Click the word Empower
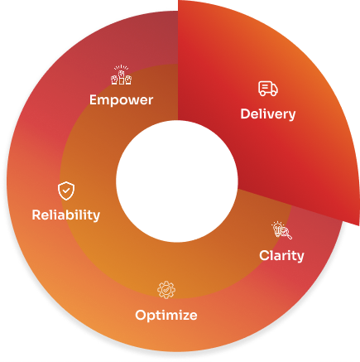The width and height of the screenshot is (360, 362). click(121, 100)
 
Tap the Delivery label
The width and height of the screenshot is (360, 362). click(268, 114)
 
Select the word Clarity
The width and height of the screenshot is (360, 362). click(281, 256)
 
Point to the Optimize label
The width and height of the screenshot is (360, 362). click(166, 316)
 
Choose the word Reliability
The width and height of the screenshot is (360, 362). click(66, 215)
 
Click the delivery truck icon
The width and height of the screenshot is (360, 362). click(268, 89)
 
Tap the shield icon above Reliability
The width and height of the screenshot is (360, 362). click(66, 191)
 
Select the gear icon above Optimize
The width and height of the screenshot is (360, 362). click(166, 290)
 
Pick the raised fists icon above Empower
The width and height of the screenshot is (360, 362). click(121, 75)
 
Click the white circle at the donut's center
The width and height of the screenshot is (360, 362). click(177, 181)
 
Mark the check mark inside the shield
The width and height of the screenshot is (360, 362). click(66, 191)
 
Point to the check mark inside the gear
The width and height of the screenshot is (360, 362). click(166, 290)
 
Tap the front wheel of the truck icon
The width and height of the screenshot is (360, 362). click(273, 94)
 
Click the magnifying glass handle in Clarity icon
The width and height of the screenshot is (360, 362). click(289, 236)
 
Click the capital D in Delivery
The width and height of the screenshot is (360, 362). click(245, 113)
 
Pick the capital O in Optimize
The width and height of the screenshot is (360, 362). click(141, 315)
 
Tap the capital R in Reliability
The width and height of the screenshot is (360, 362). click(36, 215)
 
